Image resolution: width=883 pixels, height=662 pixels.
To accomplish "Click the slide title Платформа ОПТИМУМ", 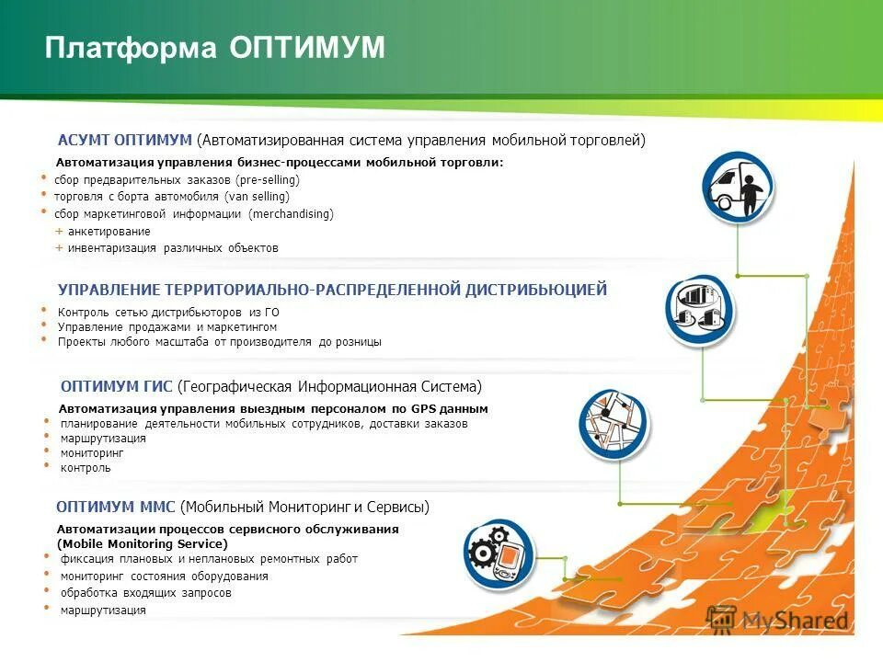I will (214, 49).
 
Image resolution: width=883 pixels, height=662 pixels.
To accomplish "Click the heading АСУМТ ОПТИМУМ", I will (124, 140).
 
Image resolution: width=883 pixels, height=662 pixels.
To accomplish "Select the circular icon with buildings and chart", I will (701, 311).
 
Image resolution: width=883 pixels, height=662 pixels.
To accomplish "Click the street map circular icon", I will (614, 424).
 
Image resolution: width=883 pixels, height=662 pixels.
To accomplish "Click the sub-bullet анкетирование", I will (109, 232).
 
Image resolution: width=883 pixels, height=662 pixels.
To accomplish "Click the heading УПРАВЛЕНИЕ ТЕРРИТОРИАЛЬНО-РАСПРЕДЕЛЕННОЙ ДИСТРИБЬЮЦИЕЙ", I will (332, 291).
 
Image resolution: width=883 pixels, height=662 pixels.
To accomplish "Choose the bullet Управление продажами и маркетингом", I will (166, 327).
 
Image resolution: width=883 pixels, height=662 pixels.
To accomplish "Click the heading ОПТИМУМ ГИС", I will (116, 386).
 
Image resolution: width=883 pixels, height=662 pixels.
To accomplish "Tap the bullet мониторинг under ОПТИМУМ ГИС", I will (91, 453).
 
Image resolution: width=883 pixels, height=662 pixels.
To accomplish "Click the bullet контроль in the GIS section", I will (86, 468).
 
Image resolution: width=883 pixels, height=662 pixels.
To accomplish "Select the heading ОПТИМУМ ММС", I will (116, 507).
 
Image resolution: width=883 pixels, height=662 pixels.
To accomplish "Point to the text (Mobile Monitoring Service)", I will (142, 544).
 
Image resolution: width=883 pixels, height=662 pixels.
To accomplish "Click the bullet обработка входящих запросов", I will (145, 593).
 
